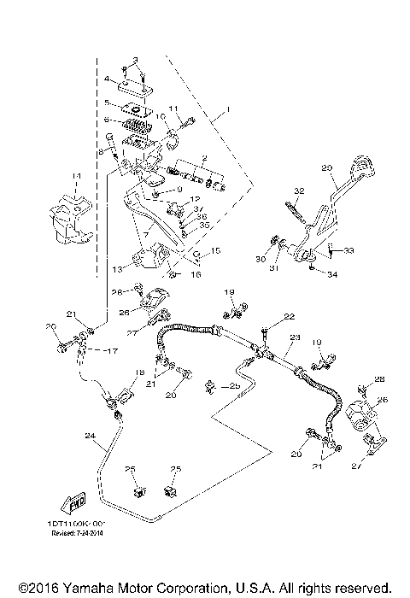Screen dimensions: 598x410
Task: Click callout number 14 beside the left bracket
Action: pos(75,176)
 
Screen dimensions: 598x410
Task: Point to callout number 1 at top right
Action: pos(227,111)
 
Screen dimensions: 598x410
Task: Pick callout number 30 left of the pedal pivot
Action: pos(261,258)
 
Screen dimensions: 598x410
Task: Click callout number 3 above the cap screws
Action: pos(133,57)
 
